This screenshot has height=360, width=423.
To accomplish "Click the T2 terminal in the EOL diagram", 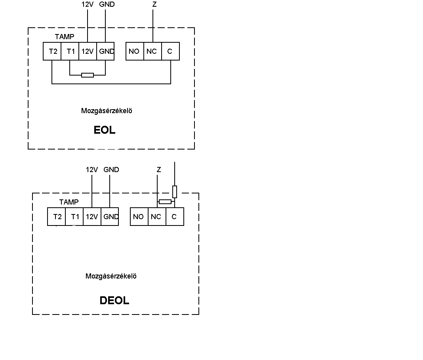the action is pyautogui.click(x=52, y=51).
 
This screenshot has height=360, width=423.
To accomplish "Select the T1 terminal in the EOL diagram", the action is pyautogui.click(x=70, y=51).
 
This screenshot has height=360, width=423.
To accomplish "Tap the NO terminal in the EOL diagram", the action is pyautogui.click(x=135, y=51).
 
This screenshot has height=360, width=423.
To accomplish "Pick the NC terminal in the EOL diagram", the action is pyautogui.click(x=153, y=51).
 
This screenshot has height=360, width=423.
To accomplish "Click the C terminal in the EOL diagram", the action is pyautogui.click(x=170, y=51).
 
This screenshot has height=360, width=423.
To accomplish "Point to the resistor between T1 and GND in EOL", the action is pyautogui.click(x=88, y=75).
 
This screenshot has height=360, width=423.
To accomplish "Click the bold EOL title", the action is pyautogui.click(x=105, y=130).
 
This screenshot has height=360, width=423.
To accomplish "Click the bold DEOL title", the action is pyautogui.click(x=114, y=300).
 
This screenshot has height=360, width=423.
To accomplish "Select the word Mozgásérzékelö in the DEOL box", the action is pyautogui.click(x=111, y=276).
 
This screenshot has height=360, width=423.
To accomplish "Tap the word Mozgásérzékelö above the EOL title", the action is pyautogui.click(x=107, y=111).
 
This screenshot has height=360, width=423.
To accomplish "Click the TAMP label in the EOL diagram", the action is pyautogui.click(x=65, y=37).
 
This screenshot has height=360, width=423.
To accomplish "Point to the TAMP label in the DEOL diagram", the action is pyautogui.click(x=69, y=202).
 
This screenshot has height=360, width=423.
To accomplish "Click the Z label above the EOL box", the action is pyautogui.click(x=154, y=4).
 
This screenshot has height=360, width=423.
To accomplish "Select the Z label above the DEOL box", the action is pyautogui.click(x=158, y=170).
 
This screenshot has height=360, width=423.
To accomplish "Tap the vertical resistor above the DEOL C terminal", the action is pyautogui.click(x=175, y=192).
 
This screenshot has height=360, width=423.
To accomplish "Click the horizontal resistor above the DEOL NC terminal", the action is pyautogui.click(x=165, y=201).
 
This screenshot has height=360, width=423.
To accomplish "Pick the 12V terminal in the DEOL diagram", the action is pyautogui.click(x=92, y=217).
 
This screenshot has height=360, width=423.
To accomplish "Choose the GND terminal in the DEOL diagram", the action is pyautogui.click(x=110, y=217).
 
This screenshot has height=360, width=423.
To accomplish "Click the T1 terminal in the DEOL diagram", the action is pyautogui.click(x=74, y=217).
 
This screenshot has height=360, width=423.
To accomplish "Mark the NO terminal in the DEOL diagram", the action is pyautogui.click(x=139, y=217).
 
